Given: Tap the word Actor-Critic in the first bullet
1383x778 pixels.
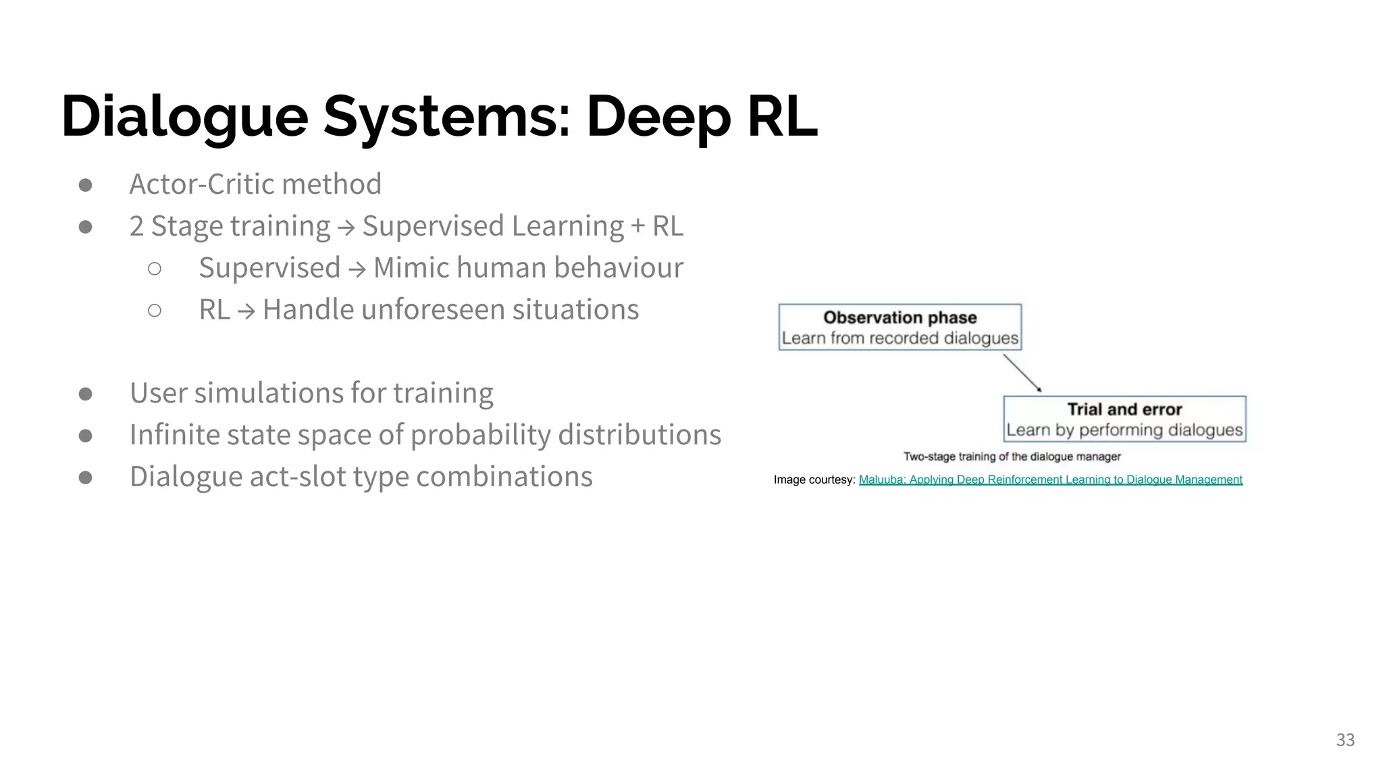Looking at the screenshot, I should point(201,184).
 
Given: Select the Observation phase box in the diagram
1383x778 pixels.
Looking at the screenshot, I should point(899,327).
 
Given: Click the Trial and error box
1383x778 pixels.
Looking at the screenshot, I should point(1124,419).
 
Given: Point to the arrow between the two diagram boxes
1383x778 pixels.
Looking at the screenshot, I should point(1022,373).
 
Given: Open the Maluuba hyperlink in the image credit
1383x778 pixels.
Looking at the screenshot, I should point(1050,479).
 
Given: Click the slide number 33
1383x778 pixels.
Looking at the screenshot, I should point(1345,740).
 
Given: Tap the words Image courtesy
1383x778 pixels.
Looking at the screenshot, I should point(814,479).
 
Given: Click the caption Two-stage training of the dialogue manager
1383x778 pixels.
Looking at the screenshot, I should point(1012,457).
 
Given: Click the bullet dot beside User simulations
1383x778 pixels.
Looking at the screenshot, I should point(85,394).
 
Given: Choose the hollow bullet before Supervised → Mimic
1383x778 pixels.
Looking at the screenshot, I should point(155,269).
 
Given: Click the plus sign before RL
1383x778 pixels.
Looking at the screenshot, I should point(637,226).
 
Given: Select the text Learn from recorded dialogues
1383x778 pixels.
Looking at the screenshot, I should point(899,338).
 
